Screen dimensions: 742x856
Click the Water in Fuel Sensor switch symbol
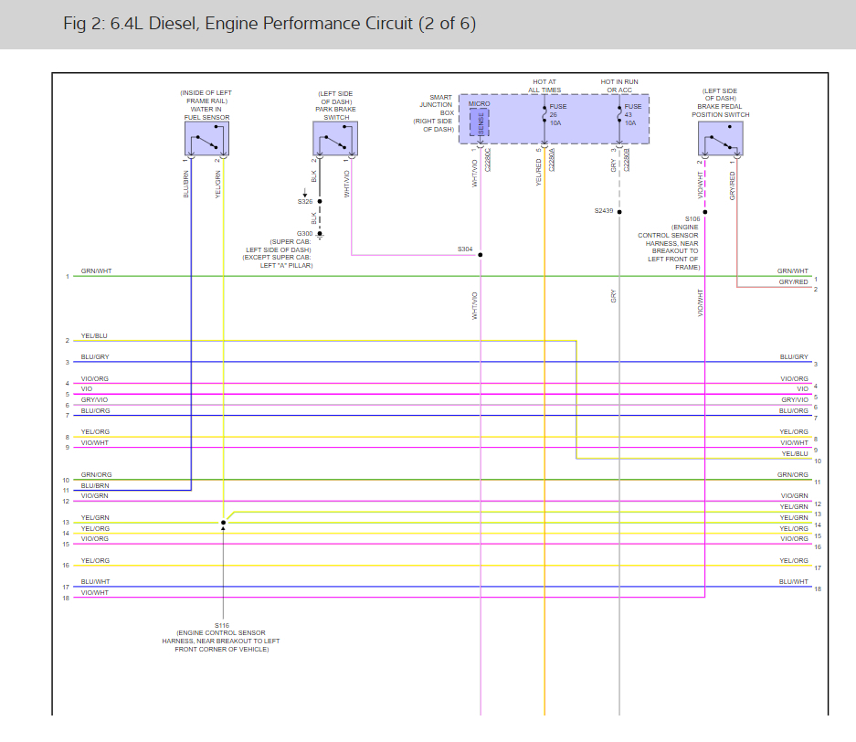[206, 140]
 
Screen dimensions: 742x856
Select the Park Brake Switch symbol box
[335, 140]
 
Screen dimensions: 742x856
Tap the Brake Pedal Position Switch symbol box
[720, 140]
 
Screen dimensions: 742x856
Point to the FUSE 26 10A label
[557, 114]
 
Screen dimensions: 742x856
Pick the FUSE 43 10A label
[633, 114]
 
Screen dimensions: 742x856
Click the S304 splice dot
[481, 255]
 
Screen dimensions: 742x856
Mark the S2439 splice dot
[619, 211]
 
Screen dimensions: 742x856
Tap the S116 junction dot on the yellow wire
[223, 524]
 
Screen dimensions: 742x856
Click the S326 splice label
[304, 201]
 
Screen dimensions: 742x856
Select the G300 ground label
[304, 234]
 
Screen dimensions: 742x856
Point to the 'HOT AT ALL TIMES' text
[544, 86]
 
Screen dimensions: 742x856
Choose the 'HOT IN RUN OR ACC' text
[619, 86]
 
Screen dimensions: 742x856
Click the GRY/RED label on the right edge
[793, 282]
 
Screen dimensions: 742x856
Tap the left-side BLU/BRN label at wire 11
[95, 486]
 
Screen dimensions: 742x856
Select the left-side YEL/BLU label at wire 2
[94, 336]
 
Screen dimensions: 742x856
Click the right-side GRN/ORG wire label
[793, 475]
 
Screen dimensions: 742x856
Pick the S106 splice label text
[692, 219]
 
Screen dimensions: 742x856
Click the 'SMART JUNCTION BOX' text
[436, 105]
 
